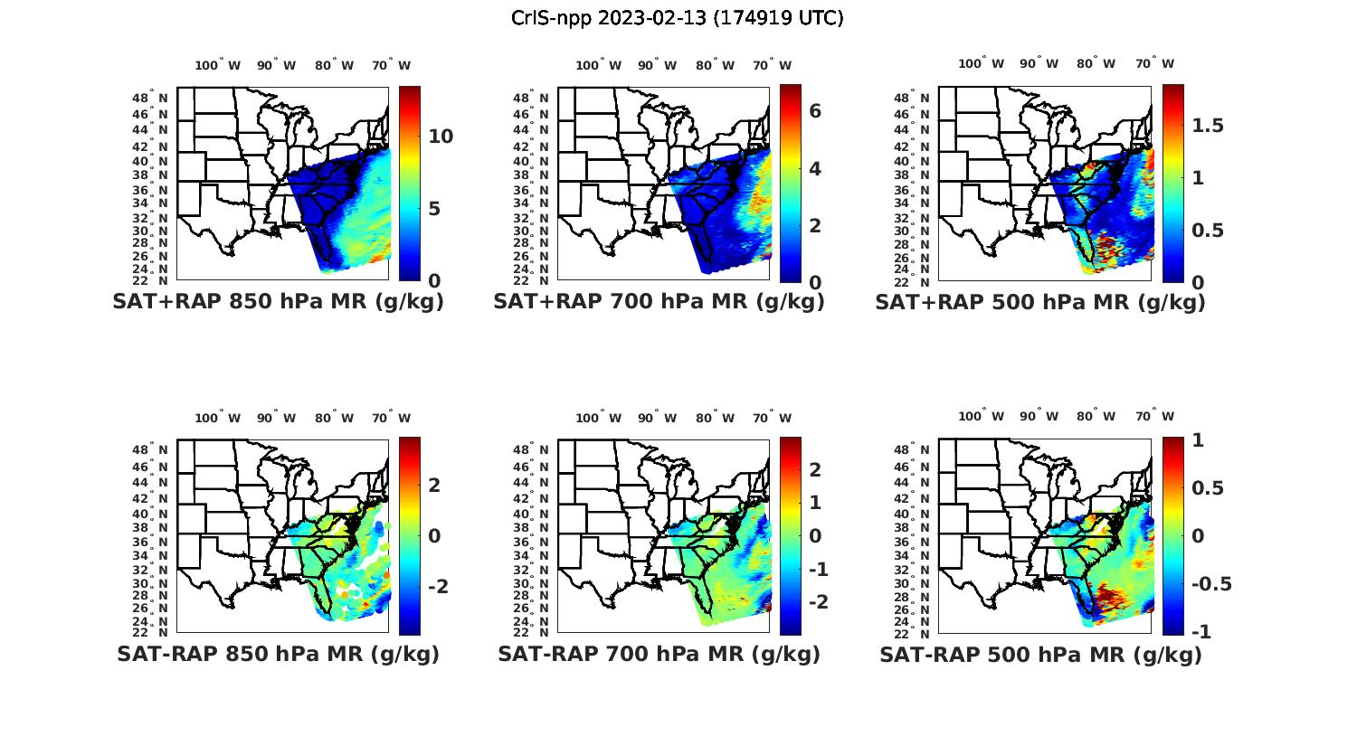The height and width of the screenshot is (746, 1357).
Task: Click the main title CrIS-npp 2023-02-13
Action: (x=677, y=18)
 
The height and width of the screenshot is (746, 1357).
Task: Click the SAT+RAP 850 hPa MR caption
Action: (x=278, y=302)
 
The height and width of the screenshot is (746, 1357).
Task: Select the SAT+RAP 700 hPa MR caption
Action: (x=659, y=302)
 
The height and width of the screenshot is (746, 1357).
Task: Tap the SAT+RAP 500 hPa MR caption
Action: (x=1039, y=302)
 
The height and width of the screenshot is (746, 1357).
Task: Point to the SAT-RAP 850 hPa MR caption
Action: (x=278, y=654)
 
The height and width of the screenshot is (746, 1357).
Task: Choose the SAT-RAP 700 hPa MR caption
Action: (x=659, y=654)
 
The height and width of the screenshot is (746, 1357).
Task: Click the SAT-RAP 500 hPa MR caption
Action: (x=1040, y=655)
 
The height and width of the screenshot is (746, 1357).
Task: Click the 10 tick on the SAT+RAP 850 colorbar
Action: (x=441, y=137)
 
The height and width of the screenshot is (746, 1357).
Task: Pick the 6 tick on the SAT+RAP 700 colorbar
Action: (x=815, y=111)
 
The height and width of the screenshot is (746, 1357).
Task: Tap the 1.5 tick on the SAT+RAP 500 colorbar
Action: (x=1208, y=126)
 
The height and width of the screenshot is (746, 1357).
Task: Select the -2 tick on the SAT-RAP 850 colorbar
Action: (x=437, y=587)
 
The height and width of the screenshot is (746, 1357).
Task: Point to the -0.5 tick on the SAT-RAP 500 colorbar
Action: (x=1210, y=583)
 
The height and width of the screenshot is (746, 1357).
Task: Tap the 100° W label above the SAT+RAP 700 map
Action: (x=598, y=65)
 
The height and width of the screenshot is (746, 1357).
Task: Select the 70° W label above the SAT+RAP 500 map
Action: (x=1154, y=63)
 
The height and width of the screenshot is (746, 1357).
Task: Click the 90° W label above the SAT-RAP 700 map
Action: (x=657, y=418)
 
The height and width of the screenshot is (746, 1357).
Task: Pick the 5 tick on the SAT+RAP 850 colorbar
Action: (x=435, y=209)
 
